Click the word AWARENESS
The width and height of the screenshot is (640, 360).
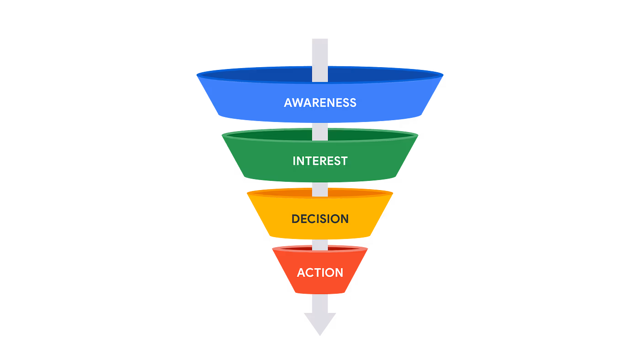pos(320,102)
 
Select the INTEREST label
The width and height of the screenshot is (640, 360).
pos(320,161)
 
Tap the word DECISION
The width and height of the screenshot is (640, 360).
pos(320,219)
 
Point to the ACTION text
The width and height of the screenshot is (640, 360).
pos(320,273)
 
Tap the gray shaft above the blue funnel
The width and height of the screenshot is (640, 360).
pos(320,53)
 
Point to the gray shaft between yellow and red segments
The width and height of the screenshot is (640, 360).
pos(320,245)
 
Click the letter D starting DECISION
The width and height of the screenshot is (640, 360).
pos(296,219)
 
